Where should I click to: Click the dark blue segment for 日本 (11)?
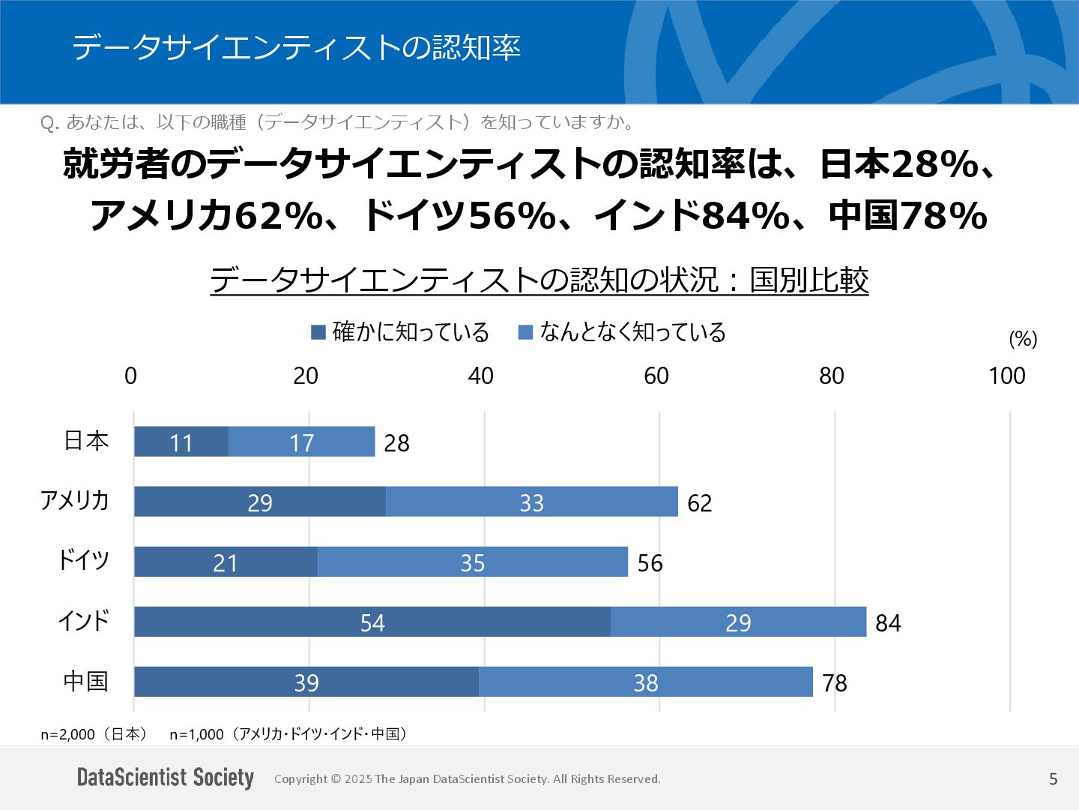tap(181, 442)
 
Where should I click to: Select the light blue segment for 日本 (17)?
tap(301, 442)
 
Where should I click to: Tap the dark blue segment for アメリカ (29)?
tap(260, 502)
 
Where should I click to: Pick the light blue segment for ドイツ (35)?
tap(473, 562)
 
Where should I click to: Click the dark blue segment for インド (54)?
tap(372, 622)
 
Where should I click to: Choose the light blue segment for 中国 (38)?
tap(646, 682)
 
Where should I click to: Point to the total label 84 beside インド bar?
tap(888, 622)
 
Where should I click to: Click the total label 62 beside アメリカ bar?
tap(699, 502)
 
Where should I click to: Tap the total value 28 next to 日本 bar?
tap(396, 443)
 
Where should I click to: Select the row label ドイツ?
tap(84, 560)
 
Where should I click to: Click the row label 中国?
tap(85, 681)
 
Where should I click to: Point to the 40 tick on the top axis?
tap(480, 376)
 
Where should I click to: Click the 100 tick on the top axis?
tap(1006, 376)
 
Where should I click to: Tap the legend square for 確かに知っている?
tap(318, 331)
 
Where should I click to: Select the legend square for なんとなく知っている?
tap(525, 331)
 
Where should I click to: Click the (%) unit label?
tap(1023, 339)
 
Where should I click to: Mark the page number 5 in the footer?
tap(1053, 779)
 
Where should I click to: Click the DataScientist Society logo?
tap(166, 778)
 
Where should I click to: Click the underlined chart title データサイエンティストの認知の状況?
tap(539, 280)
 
